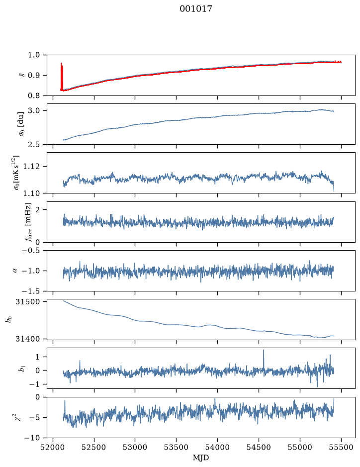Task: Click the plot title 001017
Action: click(195, 9)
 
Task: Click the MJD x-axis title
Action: click(201, 458)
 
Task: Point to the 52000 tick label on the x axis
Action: click(53, 447)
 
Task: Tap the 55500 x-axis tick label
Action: click(341, 447)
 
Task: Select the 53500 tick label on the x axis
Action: click(177, 447)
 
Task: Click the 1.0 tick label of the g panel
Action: click(34, 55)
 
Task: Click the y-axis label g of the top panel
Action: click(21, 76)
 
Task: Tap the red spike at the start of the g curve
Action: click(62, 76)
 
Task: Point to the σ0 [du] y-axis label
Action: click(21, 124)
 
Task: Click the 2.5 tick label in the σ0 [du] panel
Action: click(34, 144)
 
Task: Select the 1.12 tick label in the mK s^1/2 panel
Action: click(31, 166)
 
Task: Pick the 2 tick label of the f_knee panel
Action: click(37, 210)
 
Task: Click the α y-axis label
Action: click(15, 271)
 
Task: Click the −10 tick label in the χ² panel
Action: click(33, 438)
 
